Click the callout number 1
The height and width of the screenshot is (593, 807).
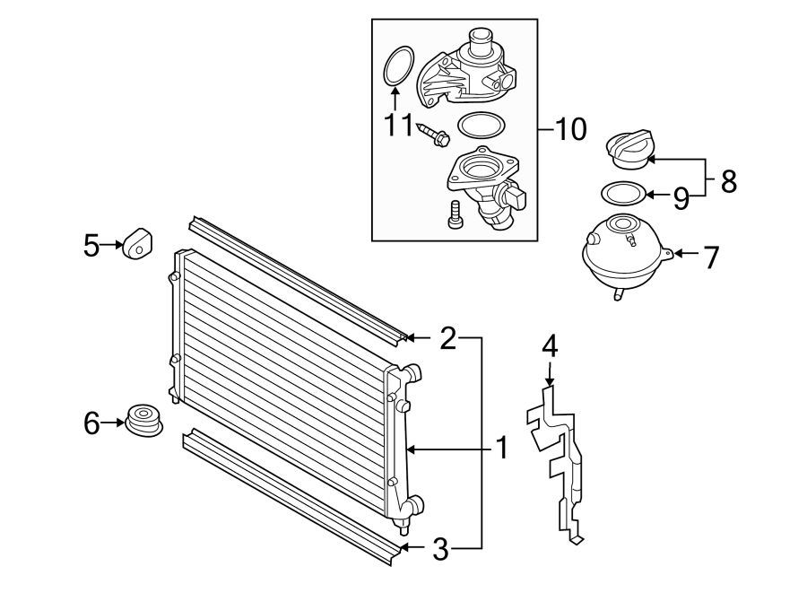502,448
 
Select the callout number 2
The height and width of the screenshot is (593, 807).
448,337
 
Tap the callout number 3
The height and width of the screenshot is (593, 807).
440,549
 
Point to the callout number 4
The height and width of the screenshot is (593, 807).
550,346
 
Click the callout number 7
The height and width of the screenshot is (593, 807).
711,257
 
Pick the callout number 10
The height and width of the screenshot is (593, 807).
570,128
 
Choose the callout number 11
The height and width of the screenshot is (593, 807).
399,125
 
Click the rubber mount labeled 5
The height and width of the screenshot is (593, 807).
137,243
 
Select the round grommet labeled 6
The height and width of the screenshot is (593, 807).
143,420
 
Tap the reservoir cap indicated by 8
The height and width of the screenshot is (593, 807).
629,150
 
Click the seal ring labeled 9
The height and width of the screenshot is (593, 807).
624,193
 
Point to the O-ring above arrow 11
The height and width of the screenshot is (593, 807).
398,66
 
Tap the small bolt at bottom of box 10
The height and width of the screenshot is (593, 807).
454,214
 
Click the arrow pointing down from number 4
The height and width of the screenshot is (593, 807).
550,374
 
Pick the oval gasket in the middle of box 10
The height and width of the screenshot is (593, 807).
482,125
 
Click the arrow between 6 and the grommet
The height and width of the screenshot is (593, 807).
113,423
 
